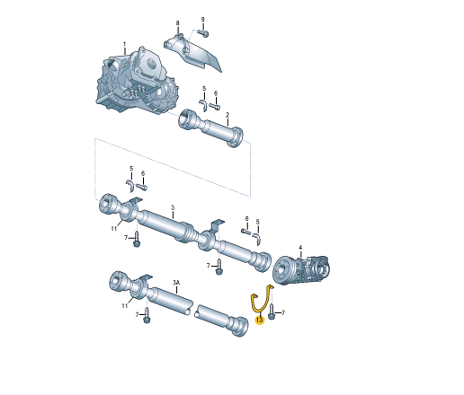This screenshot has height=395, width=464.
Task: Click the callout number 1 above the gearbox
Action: (x=125, y=45)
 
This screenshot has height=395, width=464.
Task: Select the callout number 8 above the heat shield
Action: (x=177, y=23)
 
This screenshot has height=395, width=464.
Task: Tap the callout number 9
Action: (x=202, y=20)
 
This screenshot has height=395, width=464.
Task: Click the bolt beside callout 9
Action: (x=203, y=33)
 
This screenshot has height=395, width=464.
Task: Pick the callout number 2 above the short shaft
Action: (x=228, y=115)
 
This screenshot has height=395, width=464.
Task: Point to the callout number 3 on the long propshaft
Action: (x=173, y=207)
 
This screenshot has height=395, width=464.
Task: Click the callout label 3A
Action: (x=176, y=282)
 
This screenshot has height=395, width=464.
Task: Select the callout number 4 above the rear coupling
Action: (x=300, y=248)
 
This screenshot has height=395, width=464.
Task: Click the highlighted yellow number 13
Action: (x=260, y=320)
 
